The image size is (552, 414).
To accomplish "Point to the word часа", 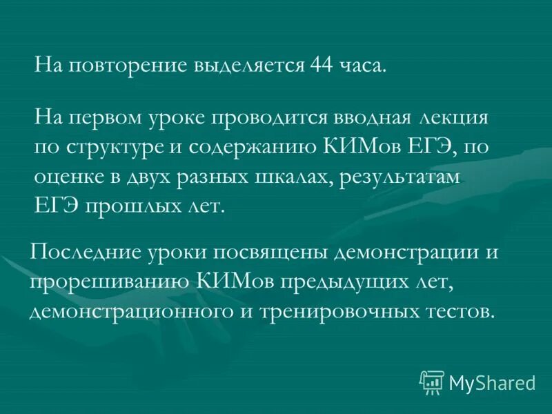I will (x=364, y=66).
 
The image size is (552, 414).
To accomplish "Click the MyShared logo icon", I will (x=432, y=382).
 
